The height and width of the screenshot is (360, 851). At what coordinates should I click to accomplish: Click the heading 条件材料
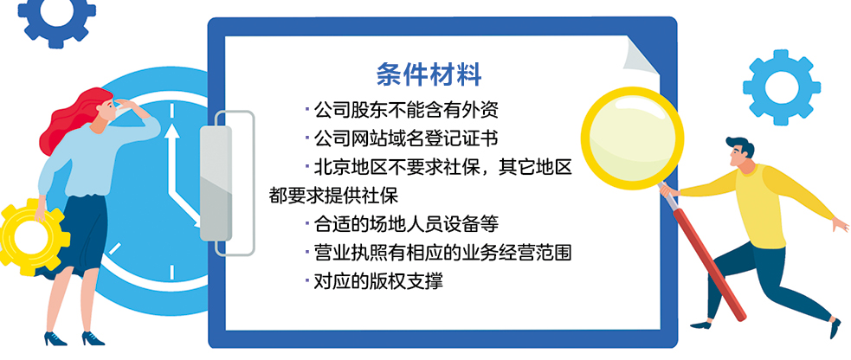click(429, 73)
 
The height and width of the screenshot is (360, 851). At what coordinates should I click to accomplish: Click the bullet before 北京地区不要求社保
click(306, 166)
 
